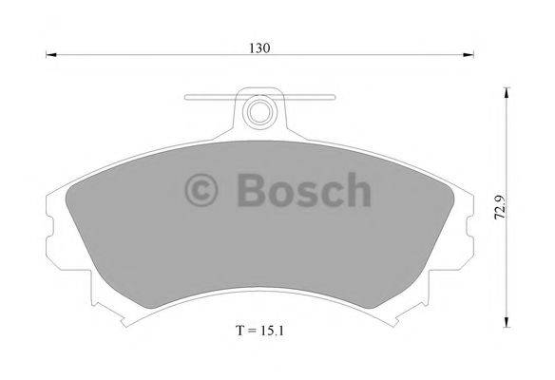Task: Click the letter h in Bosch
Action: pos(355,190)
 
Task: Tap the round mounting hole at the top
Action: pos(258,112)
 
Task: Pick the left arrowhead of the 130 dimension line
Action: pos(52,56)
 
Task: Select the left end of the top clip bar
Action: pos(187,97)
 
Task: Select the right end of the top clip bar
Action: pos(333,97)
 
